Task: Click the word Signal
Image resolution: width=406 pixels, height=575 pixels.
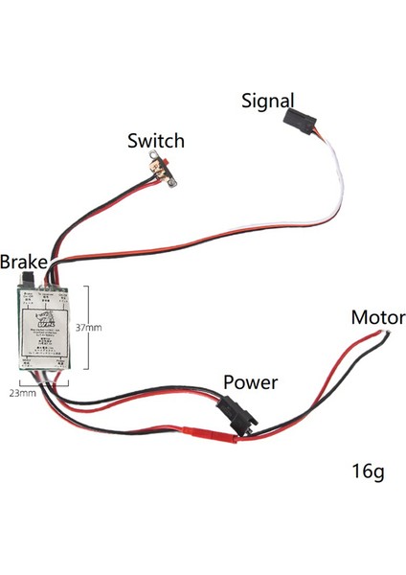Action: (x=268, y=100)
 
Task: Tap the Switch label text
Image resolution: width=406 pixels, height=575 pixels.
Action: (x=156, y=141)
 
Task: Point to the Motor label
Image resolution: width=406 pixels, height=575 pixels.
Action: (x=377, y=317)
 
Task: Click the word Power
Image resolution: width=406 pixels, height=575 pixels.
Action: (x=250, y=382)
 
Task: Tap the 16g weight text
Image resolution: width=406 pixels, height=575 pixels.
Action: (x=369, y=472)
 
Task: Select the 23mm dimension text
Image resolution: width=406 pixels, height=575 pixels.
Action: (x=22, y=392)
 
